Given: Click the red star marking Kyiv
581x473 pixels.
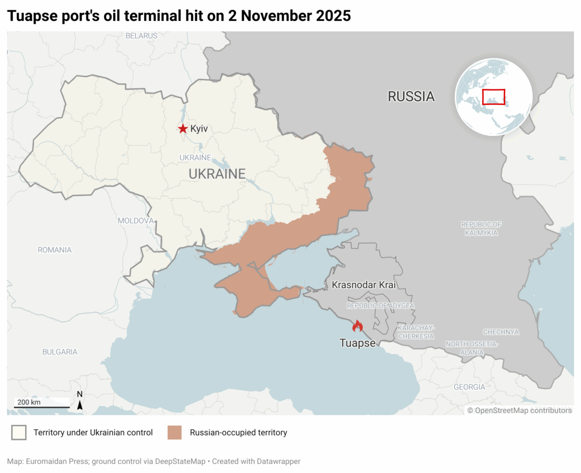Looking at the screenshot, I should click(x=183, y=129).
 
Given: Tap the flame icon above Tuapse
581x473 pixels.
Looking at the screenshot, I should click(x=357, y=326).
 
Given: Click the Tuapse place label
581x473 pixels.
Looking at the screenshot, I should click(x=357, y=343).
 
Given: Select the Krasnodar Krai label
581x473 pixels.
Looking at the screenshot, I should click(x=364, y=285).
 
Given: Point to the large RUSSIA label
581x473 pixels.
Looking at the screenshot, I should click(x=411, y=97).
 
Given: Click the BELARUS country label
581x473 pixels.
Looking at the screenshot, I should click(x=141, y=36).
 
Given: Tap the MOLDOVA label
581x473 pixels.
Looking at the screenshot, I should click(x=135, y=221).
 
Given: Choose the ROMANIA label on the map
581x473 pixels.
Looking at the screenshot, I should click(x=55, y=250).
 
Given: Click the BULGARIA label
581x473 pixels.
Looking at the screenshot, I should click(x=60, y=352).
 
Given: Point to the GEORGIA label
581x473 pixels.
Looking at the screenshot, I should click(x=469, y=387).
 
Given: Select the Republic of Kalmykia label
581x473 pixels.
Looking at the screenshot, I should click(x=481, y=229).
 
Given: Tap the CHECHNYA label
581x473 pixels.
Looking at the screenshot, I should click(x=501, y=332).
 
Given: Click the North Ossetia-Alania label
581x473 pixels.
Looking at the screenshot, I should click(x=472, y=348).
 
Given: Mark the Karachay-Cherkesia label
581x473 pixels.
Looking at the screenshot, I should click(x=416, y=332).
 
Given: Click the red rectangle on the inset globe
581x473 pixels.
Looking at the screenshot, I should click(x=493, y=97).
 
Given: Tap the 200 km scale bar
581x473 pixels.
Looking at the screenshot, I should click(x=42, y=406).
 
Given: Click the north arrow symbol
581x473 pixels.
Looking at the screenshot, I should click(x=80, y=401).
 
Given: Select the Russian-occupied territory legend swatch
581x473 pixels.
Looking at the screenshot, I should click(x=174, y=432).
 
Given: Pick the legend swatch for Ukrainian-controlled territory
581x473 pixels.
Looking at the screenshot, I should click(x=19, y=432).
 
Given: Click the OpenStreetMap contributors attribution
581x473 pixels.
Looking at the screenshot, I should click(x=519, y=410).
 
